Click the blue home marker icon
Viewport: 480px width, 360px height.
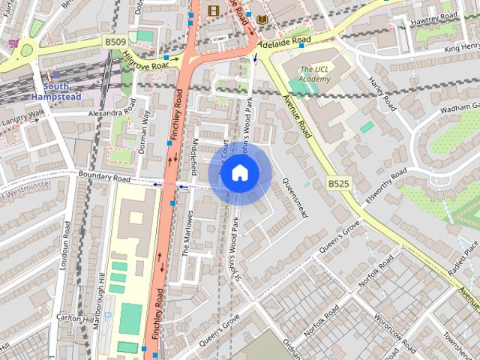[x=239, y=173]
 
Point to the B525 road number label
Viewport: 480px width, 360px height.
[x=339, y=183]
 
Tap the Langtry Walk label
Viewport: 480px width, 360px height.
[x=22, y=117]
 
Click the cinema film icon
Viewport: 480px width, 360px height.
[x=214, y=10]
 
